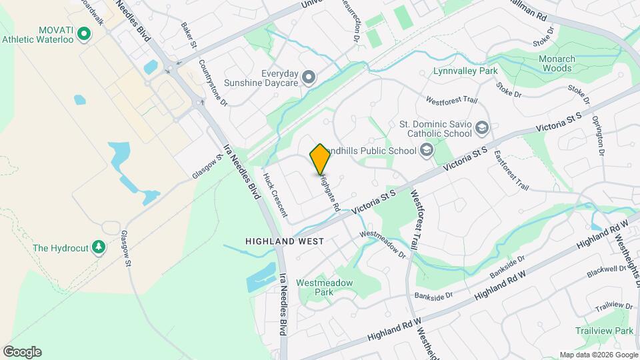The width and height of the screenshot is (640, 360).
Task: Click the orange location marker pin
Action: [320, 159]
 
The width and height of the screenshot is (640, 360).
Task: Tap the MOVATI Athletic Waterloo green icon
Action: [84, 33]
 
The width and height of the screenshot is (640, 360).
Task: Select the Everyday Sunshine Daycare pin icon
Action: [308, 78]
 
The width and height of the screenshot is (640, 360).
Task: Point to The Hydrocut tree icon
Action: [99, 248]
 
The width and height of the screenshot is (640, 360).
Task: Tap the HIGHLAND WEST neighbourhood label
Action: [284, 241]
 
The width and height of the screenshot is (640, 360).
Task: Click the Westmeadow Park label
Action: [324, 287]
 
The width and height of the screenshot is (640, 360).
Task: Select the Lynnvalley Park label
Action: [465, 70]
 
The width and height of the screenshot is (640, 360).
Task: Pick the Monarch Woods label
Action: [547, 63]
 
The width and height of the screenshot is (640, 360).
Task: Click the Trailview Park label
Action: [605, 331]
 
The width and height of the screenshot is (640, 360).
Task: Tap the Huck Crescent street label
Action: [275, 195]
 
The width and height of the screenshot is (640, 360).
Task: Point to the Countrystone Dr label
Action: [213, 83]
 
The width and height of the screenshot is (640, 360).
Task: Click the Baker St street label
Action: [189, 35]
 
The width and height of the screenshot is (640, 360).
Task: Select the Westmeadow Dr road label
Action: [383, 244]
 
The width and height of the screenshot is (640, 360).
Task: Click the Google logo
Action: [22, 352]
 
